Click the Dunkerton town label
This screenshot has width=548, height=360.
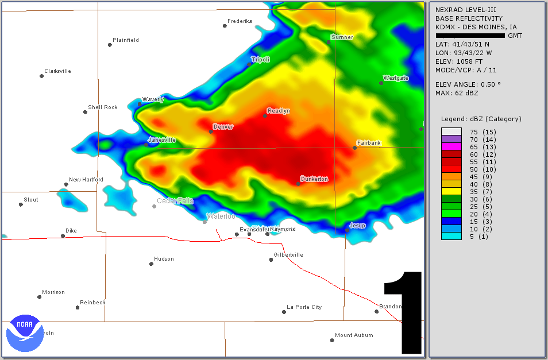pos(314,179)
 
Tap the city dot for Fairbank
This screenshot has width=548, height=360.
pos(354,148)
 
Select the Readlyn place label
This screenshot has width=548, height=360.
pos(279,111)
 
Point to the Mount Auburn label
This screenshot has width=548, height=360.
pos(354,335)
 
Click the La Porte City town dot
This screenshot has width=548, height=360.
pos(284,312)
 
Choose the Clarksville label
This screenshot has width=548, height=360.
pos(57,71)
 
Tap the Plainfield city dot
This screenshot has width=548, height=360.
pos(110,45)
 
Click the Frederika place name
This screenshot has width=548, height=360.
pos(240,21)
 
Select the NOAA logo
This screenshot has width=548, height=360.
pos(25,332)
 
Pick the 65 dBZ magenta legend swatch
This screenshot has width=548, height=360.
pos(451,147)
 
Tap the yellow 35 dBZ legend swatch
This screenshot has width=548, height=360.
pos(451,192)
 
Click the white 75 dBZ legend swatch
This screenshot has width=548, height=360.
pos(451,132)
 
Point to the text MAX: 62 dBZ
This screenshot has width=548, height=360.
pos(457,93)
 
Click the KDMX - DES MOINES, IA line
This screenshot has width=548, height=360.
pos(476,27)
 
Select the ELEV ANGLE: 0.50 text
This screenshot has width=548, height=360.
pos(468,84)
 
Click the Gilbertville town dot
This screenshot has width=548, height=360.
pos(271,260)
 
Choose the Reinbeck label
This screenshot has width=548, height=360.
pos(92,303)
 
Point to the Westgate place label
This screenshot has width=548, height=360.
pos(396,78)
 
